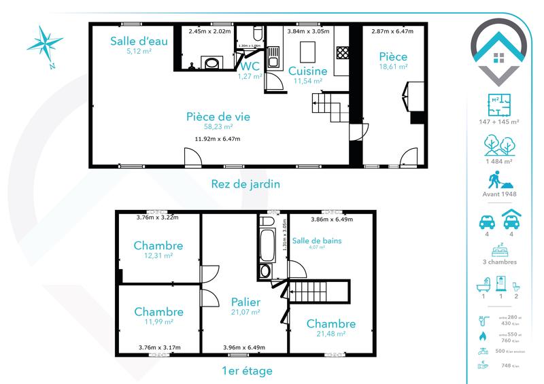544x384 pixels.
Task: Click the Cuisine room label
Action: pyautogui.click(x=307, y=71)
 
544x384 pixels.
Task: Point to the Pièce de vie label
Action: pyautogui.click(x=218, y=116)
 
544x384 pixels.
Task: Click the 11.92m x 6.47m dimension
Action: pyautogui.click(x=218, y=139)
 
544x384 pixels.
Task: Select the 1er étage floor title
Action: pyautogui.click(x=247, y=371)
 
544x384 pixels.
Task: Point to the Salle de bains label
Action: pyautogui.click(x=317, y=241)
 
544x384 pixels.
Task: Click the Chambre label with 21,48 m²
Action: pyautogui.click(x=330, y=324)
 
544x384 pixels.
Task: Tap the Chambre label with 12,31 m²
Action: pyautogui.click(x=158, y=245)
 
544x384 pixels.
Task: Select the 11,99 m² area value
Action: pyautogui.click(x=158, y=322)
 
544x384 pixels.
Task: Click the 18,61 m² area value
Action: pyautogui.click(x=394, y=67)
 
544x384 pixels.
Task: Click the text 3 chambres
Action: pyautogui.click(x=499, y=262)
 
